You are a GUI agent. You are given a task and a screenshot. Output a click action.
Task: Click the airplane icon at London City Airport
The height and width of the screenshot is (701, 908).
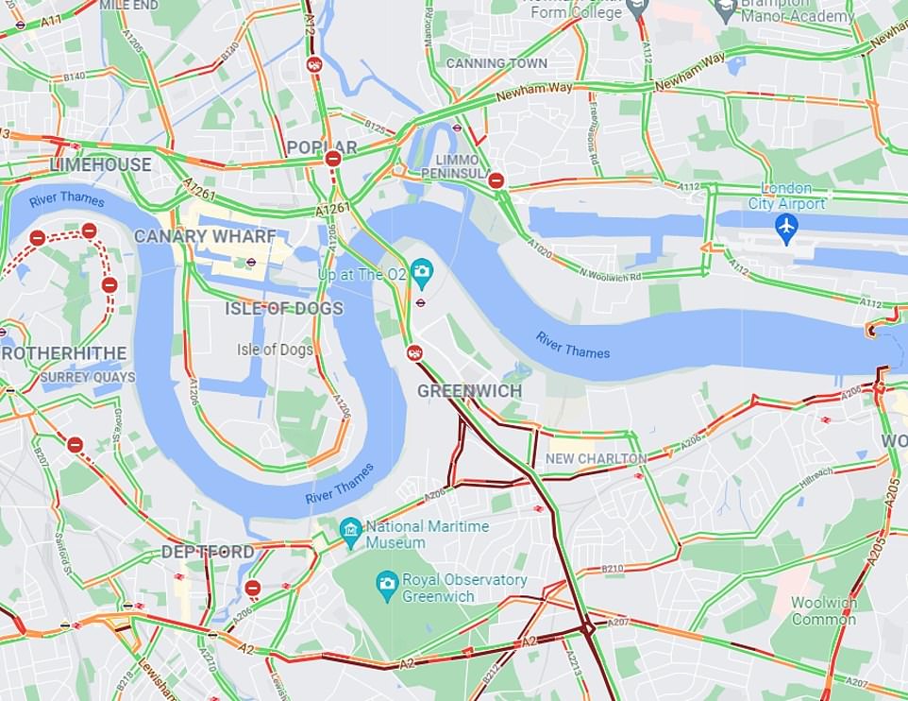[x=785, y=228]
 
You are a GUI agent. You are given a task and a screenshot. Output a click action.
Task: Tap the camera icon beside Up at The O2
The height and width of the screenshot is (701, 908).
[x=421, y=273]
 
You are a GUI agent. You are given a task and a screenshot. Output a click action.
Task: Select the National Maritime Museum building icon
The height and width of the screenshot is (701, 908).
[x=351, y=528]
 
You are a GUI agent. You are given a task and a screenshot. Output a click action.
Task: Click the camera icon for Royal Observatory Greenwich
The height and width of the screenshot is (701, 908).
[x=386, y=582]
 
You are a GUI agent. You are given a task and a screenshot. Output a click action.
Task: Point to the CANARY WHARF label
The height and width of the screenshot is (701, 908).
[x=205, y=236]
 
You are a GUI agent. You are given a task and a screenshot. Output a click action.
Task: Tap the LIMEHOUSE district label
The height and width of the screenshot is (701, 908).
[x=100, y=164]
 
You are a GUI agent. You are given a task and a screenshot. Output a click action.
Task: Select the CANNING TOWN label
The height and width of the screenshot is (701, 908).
[x=496, y=63]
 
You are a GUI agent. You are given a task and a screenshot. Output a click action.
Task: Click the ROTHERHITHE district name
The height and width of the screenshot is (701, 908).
[x=63, y=353]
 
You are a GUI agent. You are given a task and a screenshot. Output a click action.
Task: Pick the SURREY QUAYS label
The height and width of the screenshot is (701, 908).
[x=87, y=377]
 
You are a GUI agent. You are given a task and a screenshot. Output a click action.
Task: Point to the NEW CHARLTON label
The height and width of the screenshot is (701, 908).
[x=597, y=459]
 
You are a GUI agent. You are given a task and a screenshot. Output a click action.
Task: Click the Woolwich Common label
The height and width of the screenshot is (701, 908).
[x=824, y=611]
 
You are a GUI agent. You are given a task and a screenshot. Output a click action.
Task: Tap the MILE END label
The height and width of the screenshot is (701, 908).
[x=128, y=5]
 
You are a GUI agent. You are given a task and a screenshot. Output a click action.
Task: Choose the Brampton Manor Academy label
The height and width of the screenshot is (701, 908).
[x=798, y=16]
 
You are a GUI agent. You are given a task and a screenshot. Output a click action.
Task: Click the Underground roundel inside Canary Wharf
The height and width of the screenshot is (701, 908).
[x=252, y=264]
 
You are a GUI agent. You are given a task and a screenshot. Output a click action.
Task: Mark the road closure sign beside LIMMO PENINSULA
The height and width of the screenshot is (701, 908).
[x=496, y=180]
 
